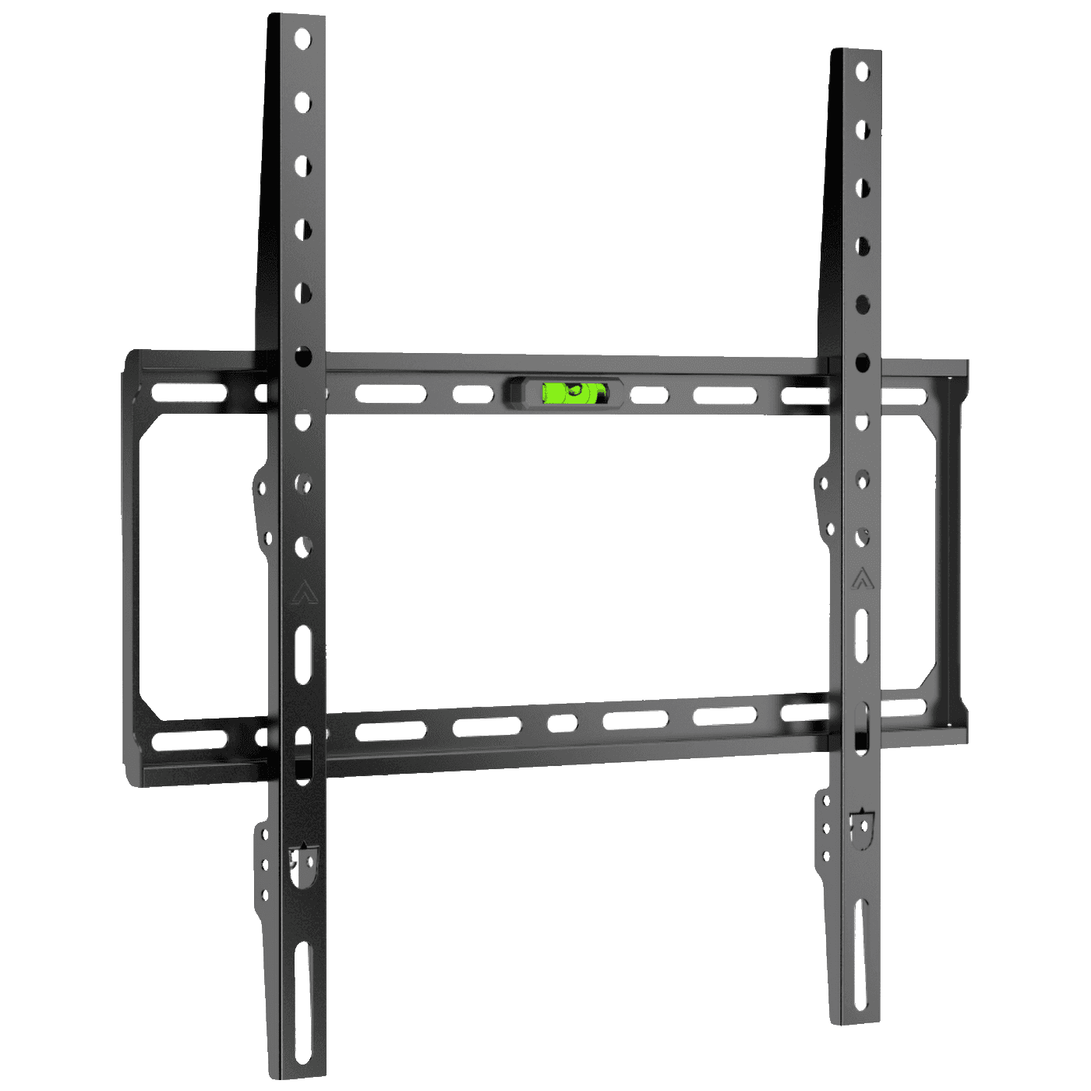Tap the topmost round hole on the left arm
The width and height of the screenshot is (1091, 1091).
pyautogui.click(x=302, y=39)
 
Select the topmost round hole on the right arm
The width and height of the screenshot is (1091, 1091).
pyautogui.click(x=862, y=72)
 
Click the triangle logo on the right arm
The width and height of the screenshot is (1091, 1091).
pyautogui.click(x=861, y=580)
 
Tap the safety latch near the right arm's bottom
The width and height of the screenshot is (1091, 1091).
pyautogui.click(x=861, y=829)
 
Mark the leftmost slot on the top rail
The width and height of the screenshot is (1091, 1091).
pyautogui.click(x=189, y=392)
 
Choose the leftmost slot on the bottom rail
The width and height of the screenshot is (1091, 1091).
pyautogui.click(x=189, y=740)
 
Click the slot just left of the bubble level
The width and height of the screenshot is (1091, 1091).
pyautogui.click(x=473, y=394)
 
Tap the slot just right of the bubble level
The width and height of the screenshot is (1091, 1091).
pyautogui.click(x=649, y=395)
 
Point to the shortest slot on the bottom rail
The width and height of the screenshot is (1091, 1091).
pyautogui.click(x=562, y=723)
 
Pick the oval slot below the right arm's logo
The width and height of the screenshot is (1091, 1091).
pyautogui.click(x=862, y=636)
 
